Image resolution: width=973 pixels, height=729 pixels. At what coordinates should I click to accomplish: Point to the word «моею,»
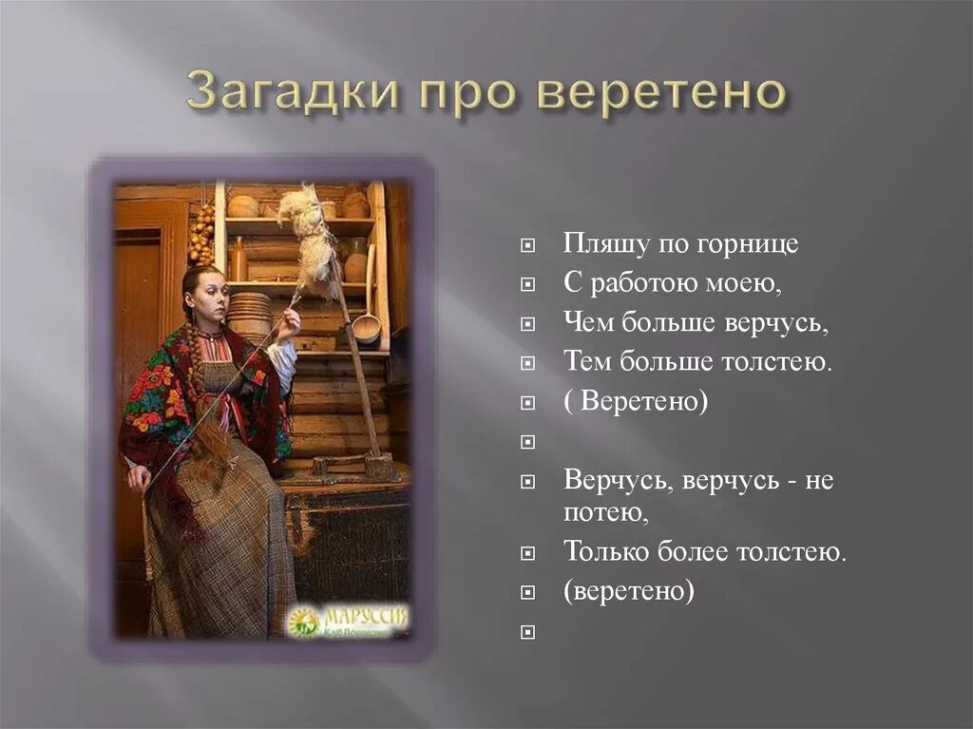(747, 283)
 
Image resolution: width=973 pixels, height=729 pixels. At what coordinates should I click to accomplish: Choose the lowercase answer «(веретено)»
(628, 591)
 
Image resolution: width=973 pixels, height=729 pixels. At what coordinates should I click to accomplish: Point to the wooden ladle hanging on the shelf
(367, 326)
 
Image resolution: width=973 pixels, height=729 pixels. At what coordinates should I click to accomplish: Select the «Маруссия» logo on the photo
(348, 620)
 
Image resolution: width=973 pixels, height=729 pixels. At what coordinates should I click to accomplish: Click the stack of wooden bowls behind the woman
(250, 314)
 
